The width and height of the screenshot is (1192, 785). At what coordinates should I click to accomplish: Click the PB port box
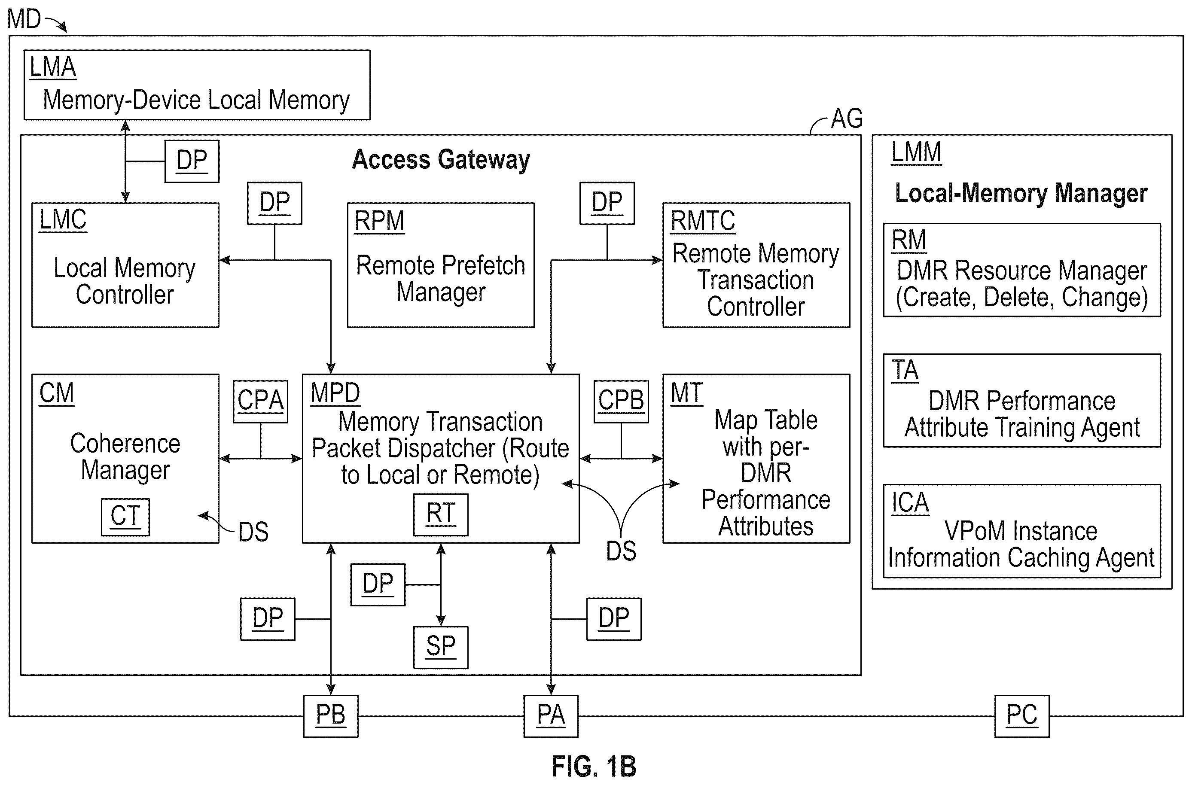click(x=331, y=716)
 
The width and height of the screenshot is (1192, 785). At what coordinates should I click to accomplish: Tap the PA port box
click(x=551, y=716)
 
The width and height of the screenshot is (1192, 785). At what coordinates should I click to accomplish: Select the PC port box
click(x=1022, y=716)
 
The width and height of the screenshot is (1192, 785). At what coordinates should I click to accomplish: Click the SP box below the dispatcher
click(x=441, y=647)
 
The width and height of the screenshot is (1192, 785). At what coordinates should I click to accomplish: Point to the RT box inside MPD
click(x=441, y=514)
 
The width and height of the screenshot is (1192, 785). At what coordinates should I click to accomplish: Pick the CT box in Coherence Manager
click(x=125, y=517)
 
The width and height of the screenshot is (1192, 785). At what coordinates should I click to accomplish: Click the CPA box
click(x=260, y=402)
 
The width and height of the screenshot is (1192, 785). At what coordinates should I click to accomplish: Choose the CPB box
click(x=621, y=402)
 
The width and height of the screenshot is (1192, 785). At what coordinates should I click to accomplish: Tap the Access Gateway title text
click(x=441, y=160)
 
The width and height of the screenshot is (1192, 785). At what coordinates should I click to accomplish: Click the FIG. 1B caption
click(x=594, y=766)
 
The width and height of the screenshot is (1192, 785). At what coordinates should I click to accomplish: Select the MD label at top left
click(x=24, y=19)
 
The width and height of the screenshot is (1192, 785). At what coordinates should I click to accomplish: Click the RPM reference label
click(x=379, y=221)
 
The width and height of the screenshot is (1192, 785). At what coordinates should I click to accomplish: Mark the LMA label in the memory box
click(x=52, y=67)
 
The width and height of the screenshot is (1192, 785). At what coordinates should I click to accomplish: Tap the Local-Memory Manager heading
click(x=1021, y=193)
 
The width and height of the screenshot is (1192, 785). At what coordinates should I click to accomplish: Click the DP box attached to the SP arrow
click(x=378, y=585)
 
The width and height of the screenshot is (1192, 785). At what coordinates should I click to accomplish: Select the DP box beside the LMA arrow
click(x=192, y=161)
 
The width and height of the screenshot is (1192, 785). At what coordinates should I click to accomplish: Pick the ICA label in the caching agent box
click(x=910, y=502)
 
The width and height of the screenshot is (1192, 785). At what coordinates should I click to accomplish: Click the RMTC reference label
click(x=703, y=221)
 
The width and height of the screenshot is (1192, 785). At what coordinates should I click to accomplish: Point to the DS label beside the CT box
click(x=253, y=532)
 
